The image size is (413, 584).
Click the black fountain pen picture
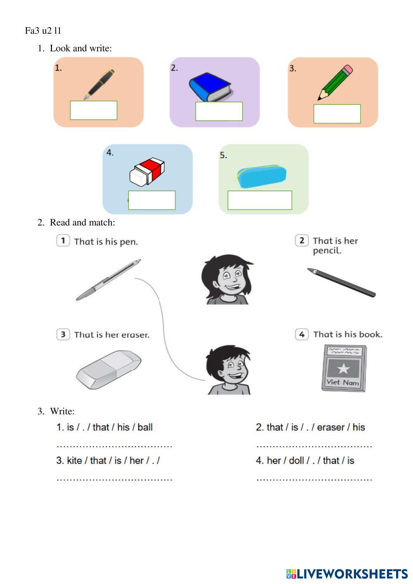coord(99,85)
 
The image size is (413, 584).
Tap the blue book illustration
coord(211,87)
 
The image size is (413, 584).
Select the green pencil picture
coord(335,82)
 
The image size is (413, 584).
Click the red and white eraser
coord(147,171)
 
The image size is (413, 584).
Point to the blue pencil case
coord(261,176)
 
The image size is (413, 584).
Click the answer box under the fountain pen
coord(94,110)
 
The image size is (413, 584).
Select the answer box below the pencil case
coord(260,200)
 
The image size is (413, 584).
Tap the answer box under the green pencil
coord(337,114)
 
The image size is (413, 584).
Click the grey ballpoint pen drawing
coord(109,280)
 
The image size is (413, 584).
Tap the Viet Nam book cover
coord(344,368)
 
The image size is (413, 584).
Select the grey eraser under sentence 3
coord(109,370)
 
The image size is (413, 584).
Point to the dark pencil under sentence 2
coord(341,283)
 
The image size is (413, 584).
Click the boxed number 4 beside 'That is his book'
coord(301,334)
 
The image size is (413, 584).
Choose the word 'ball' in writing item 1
coord(145,427)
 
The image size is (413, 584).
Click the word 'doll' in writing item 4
coord(297,461)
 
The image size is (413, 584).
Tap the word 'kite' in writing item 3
coord(74,461)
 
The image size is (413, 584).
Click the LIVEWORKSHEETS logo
coord(347,574)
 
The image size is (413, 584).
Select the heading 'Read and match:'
coord(82,222)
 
